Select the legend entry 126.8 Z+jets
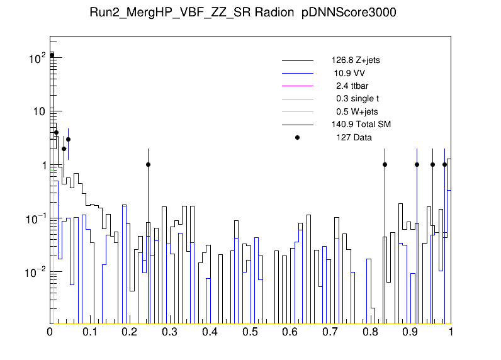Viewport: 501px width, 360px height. pyautogui.click(x=355, y=61)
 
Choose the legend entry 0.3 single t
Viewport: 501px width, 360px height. pyautogui.click(x=357, y=99)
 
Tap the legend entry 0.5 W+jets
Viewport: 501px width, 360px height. pyautogui.click(x=356, y=112)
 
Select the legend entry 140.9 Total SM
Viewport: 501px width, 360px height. pyautogui.click(x=361, y=125)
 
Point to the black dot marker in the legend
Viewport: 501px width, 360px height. pyautogui.click(x=297, y=137)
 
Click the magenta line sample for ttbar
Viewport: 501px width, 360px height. pyautogui.click(x=297, y=86)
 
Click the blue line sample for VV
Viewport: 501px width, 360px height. pyautogui.click(x=297, y=74)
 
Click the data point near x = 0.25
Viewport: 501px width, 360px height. pyautogui.click(x=148, y=165)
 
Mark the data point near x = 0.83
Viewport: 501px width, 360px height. pyautogui.click(x=385, y=165)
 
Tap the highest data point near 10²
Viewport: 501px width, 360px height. pyautogui.click(x=52, y=55)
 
